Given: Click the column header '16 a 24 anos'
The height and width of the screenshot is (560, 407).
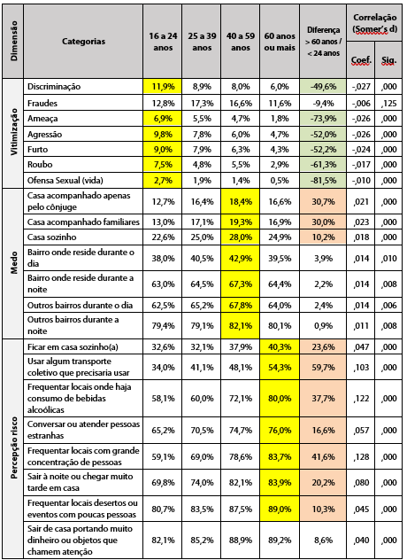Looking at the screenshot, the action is point(162,40).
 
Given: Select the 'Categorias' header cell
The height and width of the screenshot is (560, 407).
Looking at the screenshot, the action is point(84,41).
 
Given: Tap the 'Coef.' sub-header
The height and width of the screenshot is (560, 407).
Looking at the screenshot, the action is point(360,61).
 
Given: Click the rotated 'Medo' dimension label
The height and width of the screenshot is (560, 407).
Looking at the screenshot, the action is point(13,262).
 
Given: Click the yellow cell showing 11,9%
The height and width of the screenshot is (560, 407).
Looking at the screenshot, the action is point(162,87).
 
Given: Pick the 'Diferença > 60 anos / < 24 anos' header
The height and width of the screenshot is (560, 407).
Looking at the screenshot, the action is point(320,41).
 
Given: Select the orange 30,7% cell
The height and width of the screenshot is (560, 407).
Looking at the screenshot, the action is point(320,202).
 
